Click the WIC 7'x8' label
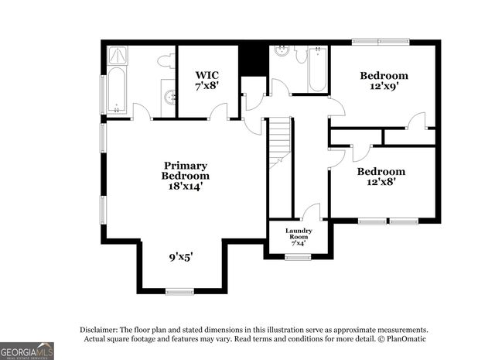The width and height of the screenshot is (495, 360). (207, 81)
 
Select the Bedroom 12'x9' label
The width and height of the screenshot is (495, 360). (384, 81)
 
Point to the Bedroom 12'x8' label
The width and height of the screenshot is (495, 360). (381, 177)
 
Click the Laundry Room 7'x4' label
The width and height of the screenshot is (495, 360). (298, 237)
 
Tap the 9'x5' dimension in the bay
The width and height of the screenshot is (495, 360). (182, 257)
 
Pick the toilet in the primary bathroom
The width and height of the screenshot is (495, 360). (165, 60)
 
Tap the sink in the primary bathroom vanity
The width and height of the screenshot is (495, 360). (170, 97)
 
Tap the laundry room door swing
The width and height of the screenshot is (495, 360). (312, 213)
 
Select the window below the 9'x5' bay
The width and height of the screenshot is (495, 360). (179, 291)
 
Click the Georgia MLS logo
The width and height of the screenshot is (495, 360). (27, 351)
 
